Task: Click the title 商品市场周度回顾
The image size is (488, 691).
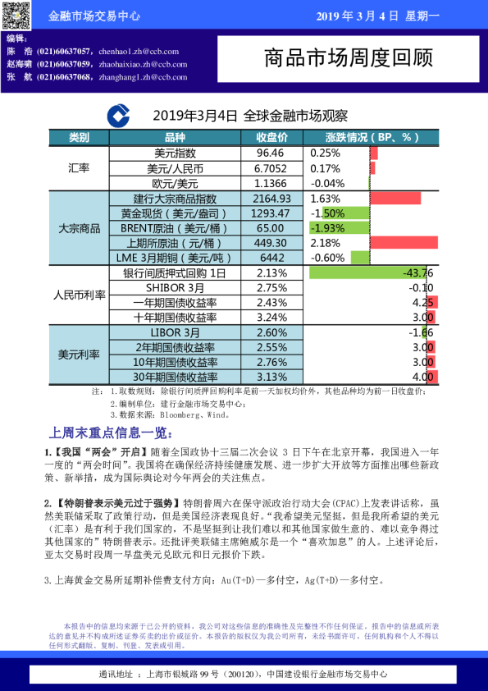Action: tap(349, 58)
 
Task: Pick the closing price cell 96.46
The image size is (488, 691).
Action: tap(271, 153)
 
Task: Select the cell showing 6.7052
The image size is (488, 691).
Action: tap(271, 168)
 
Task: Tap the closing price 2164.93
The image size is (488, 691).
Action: tap(272, 199)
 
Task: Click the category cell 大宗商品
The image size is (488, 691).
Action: tap(79, 228)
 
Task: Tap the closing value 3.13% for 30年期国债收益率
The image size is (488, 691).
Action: tap(271, 376)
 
